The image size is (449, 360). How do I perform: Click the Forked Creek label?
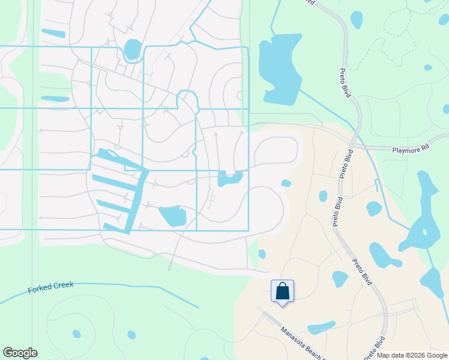[51, 288]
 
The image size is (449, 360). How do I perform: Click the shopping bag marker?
[282, 292]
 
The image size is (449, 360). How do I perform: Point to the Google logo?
[20, 353]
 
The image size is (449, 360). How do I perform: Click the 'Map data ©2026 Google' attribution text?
[411, 355]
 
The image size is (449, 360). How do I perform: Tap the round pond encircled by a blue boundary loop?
[132, 49]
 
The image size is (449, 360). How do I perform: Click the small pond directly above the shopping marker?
[262, 254]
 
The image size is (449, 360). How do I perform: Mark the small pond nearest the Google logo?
[76, 334]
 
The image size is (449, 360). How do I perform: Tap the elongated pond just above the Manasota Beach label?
[322, 328]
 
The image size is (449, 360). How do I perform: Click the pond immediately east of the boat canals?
[173, 215]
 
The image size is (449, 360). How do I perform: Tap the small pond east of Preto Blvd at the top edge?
[356, 19]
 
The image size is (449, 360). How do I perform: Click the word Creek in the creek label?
[63, 286]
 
